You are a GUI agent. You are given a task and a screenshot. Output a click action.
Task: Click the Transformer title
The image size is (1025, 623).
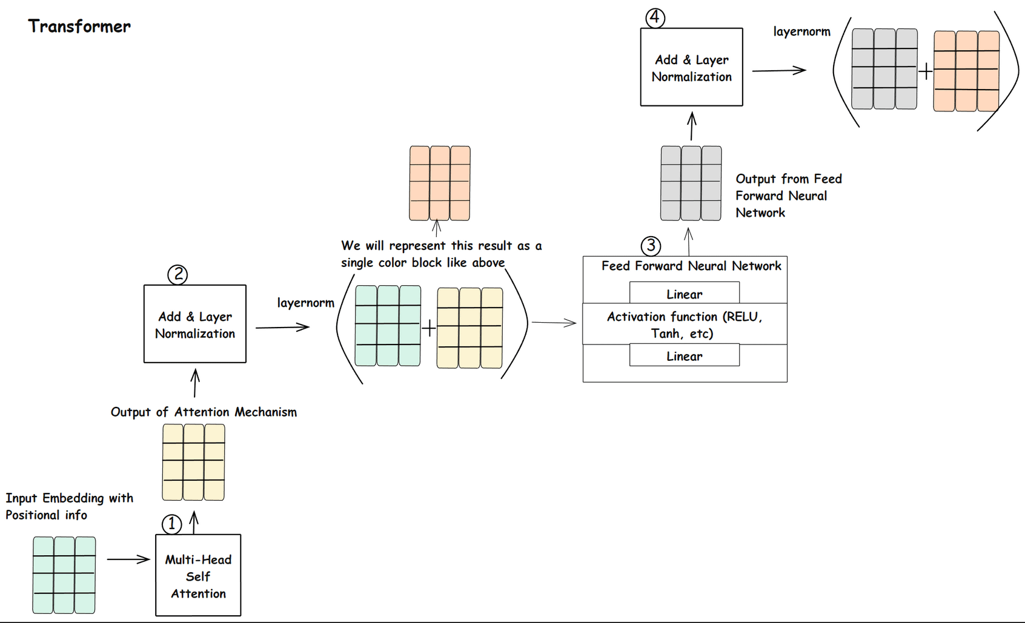79,27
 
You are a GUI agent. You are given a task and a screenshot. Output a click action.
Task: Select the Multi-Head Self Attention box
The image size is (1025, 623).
198,576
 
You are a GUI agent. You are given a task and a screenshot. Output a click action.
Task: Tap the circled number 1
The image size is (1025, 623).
171,524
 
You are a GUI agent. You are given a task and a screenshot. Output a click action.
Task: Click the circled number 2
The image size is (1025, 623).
177,275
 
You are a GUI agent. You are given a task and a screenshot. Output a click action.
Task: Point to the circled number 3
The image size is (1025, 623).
651,246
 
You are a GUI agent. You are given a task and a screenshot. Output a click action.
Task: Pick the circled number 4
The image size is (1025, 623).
655,18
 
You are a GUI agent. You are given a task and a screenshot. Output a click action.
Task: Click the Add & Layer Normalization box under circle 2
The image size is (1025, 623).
195,325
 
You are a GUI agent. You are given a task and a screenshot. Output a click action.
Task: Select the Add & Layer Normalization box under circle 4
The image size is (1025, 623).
691,68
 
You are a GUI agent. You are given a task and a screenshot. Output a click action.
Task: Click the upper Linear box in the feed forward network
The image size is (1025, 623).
684,294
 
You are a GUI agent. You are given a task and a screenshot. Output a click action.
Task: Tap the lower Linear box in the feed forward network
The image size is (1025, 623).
684,355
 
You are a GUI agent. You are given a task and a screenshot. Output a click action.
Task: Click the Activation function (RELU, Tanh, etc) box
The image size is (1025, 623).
684,325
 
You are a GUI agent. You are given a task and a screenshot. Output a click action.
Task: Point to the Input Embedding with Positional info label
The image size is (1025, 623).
69,506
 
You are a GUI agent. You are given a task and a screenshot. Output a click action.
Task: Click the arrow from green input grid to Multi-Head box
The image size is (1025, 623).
128,559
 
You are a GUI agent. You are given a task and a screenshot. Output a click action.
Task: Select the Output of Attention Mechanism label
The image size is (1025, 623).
204,412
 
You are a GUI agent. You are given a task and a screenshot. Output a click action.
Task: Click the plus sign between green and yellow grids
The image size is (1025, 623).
428,329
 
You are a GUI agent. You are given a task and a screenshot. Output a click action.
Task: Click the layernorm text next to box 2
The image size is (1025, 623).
305,303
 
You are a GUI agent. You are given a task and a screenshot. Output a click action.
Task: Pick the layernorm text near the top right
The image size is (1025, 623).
801,31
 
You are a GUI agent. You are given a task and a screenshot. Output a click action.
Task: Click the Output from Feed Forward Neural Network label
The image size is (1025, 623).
788,196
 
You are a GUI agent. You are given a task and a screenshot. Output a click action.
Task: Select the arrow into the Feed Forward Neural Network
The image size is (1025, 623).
554,323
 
